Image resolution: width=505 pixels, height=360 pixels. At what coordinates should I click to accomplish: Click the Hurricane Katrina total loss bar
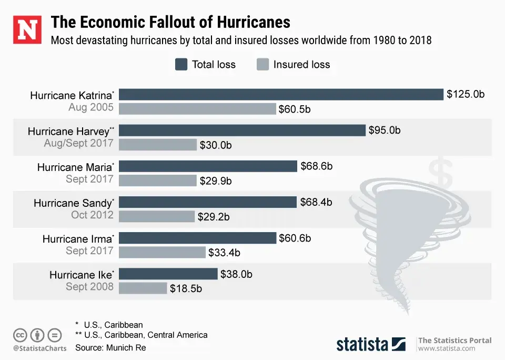pyautogui.click(x=281, y=94)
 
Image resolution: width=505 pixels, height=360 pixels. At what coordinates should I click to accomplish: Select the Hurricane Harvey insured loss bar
pyautogui.click(x=158, y=144)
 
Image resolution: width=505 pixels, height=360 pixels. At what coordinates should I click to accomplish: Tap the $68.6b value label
pyautogui.click(x=317, y=166)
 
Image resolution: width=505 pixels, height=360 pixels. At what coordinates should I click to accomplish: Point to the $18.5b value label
pyautogui.click(x=186, y=288)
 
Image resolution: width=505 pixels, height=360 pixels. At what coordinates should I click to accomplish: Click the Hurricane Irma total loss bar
pyautogui.click(x=198, y=238)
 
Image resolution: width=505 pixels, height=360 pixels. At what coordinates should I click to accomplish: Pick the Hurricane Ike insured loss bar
pyautogui.click(x=143, y=288)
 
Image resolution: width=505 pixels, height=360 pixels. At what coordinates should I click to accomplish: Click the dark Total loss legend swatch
pyautogui.click(x=181, y=65)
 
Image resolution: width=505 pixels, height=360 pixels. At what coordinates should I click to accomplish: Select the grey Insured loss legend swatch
pyautogui.click(x=262, y=65)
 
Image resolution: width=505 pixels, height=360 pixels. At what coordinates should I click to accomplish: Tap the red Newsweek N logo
pyautogui.click(x=27, y=29)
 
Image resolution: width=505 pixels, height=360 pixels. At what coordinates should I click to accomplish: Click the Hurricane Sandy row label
pyautogui.click(x=73, y=203)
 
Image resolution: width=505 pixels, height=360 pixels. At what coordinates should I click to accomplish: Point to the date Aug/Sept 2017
pyautogui.click(x=79, y=143)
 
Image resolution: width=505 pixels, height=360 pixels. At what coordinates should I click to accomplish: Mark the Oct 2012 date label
pyautogui.click(x=92, y=215)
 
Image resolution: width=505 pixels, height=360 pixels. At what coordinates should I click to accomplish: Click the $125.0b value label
pyautogui.click(x=466, y=95)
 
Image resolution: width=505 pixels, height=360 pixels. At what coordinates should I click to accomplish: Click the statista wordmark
pyautogui.click(x=363, y=344)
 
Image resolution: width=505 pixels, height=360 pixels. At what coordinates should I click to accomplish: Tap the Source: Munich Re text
pyautogui.click(x=110, y=347)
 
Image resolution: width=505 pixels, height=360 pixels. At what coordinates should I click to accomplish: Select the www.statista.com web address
pyautogui.click(x=447, y=348)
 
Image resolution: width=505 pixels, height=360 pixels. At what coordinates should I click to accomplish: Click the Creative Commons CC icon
pyautogui.click(x=20, y=335)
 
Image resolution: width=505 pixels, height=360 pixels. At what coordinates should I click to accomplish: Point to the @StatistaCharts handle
pyautogui.click(x=40, y=348)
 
